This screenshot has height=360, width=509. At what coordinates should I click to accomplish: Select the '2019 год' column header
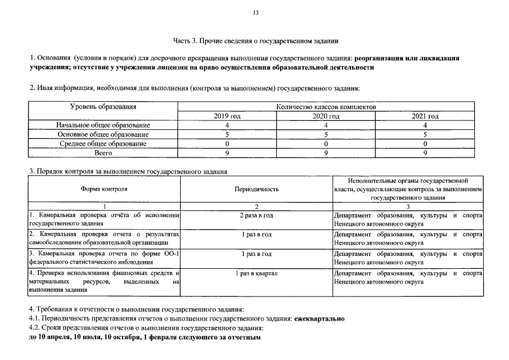(227, 116)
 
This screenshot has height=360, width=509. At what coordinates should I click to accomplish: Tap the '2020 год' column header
(326, 116)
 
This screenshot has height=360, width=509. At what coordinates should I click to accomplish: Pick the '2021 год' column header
(425, 116)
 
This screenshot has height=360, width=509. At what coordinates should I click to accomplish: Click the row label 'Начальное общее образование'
(103, 125)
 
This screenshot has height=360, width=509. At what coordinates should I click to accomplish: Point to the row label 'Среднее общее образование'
(103, 143)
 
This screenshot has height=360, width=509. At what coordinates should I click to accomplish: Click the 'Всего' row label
(103, 152)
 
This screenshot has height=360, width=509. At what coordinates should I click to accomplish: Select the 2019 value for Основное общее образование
(227, 134)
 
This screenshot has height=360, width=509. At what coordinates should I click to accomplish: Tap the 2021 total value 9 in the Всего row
(425, 152)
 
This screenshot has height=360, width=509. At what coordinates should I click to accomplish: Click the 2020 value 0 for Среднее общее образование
(326, 143)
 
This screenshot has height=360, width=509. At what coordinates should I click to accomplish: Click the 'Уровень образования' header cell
(103, 106)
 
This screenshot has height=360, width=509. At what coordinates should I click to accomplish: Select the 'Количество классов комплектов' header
(326, 106)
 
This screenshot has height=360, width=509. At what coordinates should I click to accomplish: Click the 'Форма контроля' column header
(103, 190)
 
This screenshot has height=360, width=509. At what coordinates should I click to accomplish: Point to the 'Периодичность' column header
(256, 190)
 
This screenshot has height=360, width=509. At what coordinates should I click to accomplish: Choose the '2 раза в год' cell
(256, 215)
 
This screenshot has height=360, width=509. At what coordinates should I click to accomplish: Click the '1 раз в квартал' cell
(256, 273)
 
